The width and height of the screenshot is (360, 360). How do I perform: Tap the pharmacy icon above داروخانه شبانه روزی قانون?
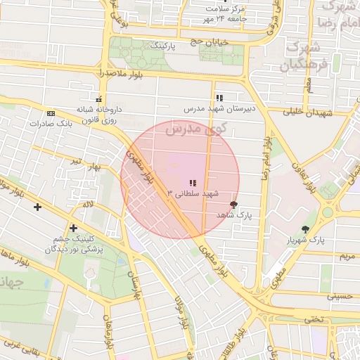tap(99, 99)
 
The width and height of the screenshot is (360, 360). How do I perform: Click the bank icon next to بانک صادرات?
tap(50, 112)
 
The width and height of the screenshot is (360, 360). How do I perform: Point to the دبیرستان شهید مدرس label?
tap(219, 109)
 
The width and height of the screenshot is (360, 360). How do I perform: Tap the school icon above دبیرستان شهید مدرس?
tap(219, 98)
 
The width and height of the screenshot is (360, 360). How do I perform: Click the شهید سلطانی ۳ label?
tap(193, 193)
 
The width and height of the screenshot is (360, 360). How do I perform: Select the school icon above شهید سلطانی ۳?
tap(193, 183)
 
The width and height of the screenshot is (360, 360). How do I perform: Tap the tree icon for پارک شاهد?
tap(233, 205)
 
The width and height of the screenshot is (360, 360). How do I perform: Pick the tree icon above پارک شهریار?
tap(305, 229)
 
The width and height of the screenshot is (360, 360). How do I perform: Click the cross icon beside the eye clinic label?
tap(73, 229)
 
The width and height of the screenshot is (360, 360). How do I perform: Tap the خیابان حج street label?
tap(210, 43)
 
